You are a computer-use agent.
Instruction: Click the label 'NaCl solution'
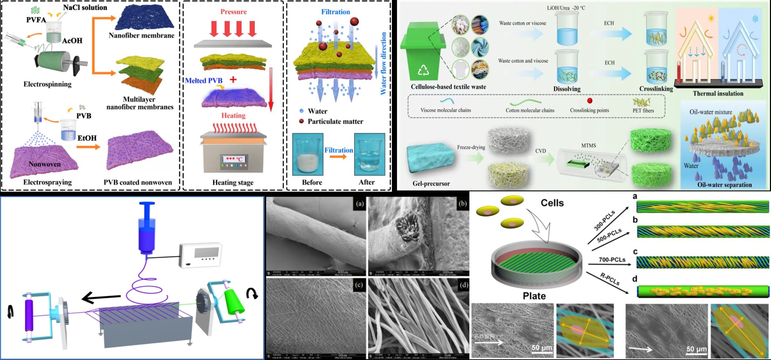[85, 7]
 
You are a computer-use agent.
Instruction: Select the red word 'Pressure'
[233, 12]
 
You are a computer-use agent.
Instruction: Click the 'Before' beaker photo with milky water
[308, 154]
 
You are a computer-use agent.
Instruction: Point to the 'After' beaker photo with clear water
[369, 154]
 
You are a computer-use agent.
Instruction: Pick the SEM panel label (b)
[462, 204]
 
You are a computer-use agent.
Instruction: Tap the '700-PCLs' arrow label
[612, 259]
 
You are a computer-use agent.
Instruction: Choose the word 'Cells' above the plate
[552, 203]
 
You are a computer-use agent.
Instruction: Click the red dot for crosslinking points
[590, 101]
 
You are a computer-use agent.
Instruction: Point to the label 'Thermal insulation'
[718, 93]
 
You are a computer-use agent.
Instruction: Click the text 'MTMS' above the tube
[589, 145]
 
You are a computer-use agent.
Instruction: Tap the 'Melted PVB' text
[204, 81]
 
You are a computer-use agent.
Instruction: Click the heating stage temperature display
[234, 159]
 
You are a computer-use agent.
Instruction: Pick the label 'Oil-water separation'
[724, 185]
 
